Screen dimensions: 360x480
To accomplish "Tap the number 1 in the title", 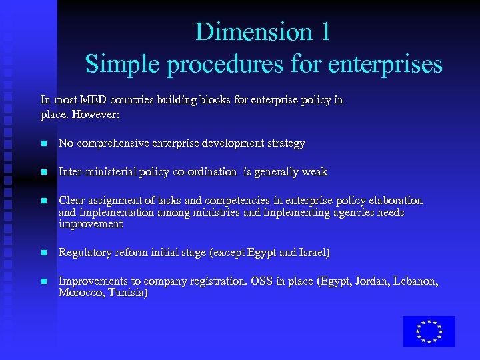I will click(324, 31).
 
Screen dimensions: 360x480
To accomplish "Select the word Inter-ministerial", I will click(97, 171).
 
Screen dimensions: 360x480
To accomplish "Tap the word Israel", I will click(314, 253).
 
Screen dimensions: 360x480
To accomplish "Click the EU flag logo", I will click(429, 331).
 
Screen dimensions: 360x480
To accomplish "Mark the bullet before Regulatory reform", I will click(43, 253).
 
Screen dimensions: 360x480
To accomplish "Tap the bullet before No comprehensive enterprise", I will click(43, 143).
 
